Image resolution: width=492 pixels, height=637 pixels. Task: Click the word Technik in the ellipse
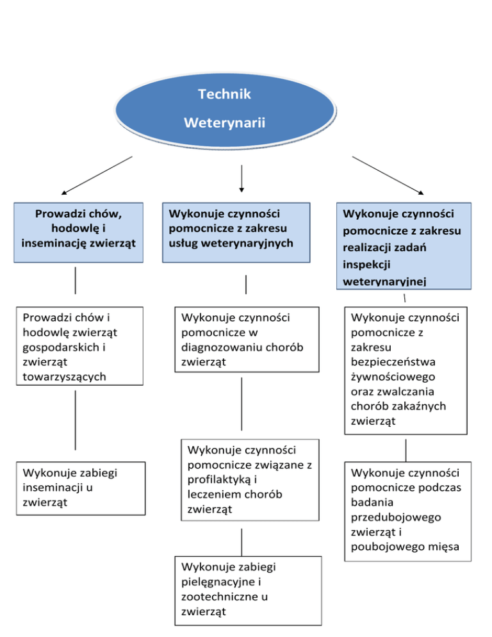(224, 94)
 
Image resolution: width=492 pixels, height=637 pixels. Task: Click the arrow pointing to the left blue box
(97, 174)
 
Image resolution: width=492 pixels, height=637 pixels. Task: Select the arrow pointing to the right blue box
(388, 174)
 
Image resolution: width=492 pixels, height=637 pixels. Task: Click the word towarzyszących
(64, 376)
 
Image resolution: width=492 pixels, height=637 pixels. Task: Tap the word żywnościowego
(393, 376)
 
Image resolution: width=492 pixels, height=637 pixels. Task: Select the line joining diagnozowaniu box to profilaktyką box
(242, 404)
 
